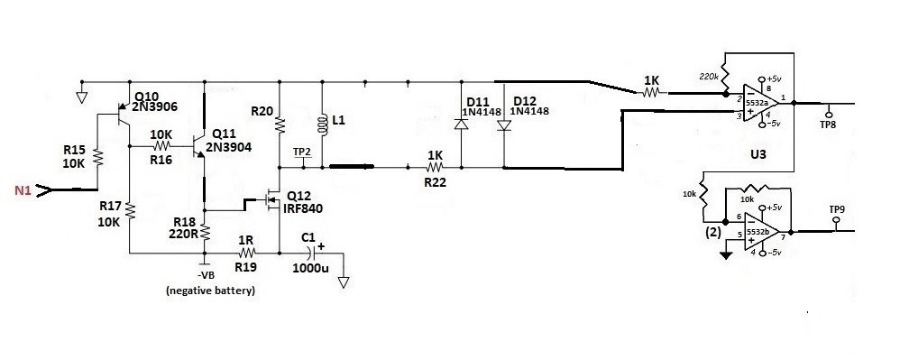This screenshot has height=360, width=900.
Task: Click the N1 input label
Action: [x=23, y=190]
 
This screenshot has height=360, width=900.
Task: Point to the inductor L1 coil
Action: [x=323, y=125]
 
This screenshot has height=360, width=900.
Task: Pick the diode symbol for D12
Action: [x=504, y=125]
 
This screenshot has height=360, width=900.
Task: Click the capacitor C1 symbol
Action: [x=314, y=252]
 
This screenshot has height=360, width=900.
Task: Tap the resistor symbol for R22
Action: [x=435, y=168]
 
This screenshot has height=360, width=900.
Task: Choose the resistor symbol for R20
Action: [x=280, y=125]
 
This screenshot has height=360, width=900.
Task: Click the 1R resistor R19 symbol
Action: [x=247, y=252]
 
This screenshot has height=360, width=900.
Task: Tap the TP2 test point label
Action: [x=301, y=152]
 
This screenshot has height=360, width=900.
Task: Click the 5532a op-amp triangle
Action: [x=761, y=104]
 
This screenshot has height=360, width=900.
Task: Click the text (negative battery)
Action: [x=210, y=291]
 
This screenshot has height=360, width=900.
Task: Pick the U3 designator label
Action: [x=758, y=155]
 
